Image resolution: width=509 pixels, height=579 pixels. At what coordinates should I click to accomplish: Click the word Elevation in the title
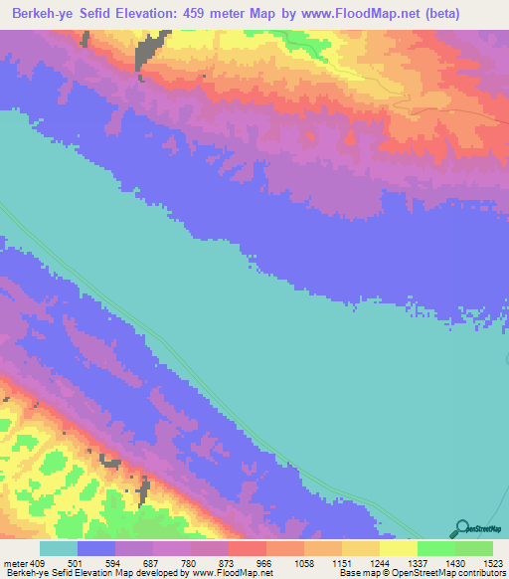pos(158,15)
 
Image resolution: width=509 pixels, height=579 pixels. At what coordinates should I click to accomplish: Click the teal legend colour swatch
pos(59,548)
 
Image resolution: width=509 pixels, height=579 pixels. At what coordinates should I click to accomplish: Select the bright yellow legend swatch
pos(399,548)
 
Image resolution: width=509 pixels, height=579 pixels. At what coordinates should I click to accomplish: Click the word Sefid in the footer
pos(61,573)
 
